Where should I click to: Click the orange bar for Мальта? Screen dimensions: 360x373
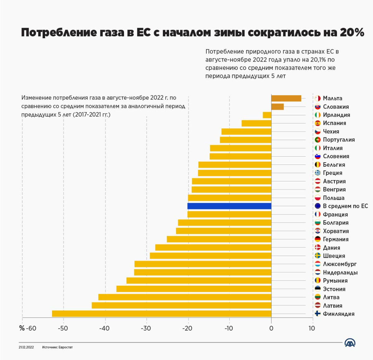point(286,98)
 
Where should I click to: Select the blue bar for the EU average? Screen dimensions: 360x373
point(229,206)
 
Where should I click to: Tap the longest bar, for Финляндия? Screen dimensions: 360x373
point(162,314)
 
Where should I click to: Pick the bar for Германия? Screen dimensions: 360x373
point(219,239)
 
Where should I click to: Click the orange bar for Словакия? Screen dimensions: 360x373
point(278,107)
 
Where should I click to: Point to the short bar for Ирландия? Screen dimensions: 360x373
point(267,115)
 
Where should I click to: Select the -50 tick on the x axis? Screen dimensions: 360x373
point(63,328)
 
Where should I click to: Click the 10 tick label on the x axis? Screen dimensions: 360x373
point(312,328)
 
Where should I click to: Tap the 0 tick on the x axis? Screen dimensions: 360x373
point(271,328)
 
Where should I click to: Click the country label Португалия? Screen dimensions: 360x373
point(339,140)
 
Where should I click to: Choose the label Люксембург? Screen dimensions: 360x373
point(340,264)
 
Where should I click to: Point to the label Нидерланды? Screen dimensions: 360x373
point(340,272)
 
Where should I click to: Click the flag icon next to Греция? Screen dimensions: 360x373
point(318,173)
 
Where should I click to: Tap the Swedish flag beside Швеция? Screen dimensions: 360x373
point(318,256)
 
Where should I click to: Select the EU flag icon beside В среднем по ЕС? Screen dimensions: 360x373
point(318,206)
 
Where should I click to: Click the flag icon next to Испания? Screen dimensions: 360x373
point(318,123)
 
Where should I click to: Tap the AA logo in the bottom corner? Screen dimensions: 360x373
point(350,343)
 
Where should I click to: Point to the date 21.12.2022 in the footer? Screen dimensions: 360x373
point(26,347)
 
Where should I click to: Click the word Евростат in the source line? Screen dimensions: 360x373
point(66,347)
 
